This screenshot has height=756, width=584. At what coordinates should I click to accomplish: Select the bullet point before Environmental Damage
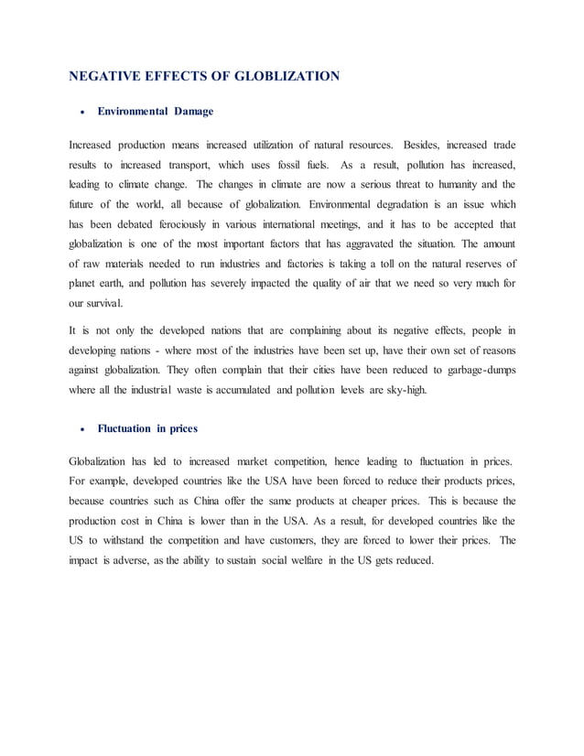(84, 112)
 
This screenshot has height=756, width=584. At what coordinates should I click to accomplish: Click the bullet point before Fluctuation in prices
(84, 428)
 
